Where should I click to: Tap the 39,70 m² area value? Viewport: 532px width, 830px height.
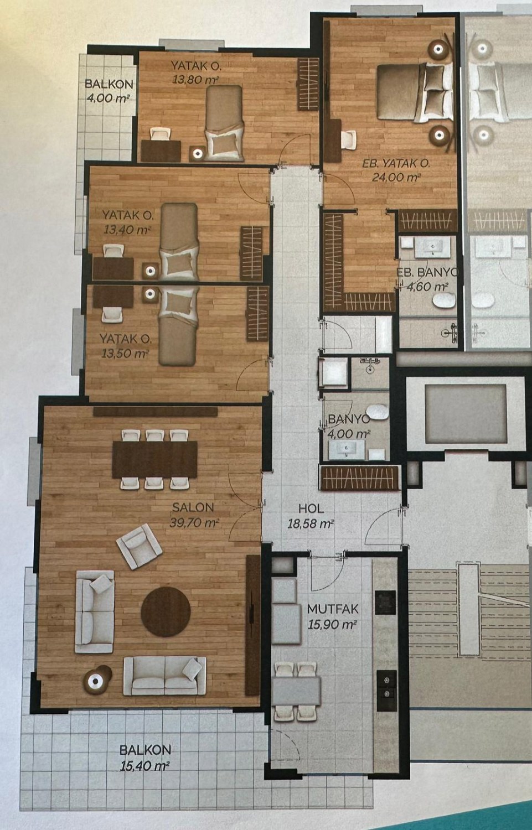[194, 522]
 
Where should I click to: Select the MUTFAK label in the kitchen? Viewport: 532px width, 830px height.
[333, 609]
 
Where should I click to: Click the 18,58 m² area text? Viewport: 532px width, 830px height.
[311, 523]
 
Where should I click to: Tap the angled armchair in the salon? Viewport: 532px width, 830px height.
[139, 546]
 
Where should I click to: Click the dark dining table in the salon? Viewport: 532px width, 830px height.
[154, 459]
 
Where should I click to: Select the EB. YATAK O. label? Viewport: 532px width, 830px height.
[396, 163]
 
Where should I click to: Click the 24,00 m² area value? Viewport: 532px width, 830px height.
[396, 177]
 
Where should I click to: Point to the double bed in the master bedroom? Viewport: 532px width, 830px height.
[415, 92]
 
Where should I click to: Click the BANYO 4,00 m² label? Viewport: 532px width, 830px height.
[349, 426]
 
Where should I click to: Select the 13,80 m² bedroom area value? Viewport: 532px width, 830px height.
[195, 79]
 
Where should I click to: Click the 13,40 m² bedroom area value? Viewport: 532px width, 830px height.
[127, 230]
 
